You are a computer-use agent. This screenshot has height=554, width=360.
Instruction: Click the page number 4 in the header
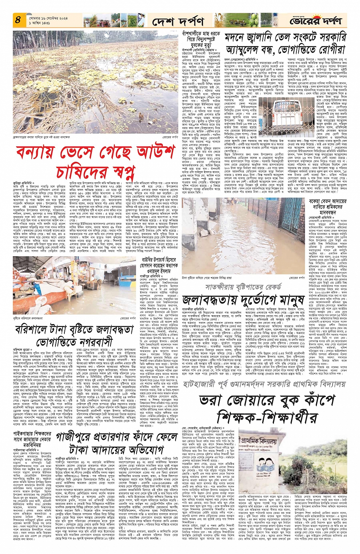[x=18, y=19]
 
